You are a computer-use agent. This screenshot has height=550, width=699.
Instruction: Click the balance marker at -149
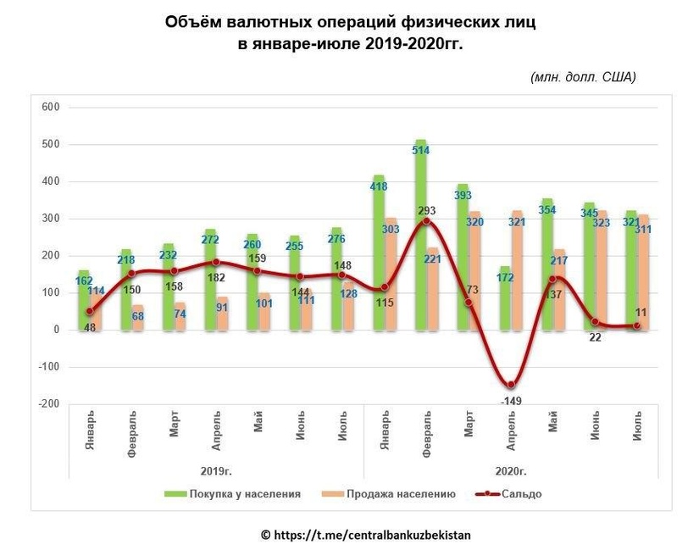(x=510, y=385)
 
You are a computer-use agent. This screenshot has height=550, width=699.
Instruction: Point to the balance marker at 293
(x=426, y=221)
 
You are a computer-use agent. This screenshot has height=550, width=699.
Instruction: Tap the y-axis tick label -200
(x=49, y=404)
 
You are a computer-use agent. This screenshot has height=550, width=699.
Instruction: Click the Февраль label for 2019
(x=133, y=436)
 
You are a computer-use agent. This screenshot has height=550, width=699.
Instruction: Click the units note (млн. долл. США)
(x=582, y=77)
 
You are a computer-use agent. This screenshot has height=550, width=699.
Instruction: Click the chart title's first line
(x=350, y=23)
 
